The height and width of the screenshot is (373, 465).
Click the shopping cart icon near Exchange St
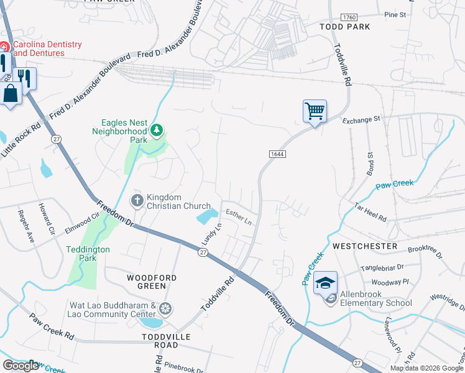[315, 112]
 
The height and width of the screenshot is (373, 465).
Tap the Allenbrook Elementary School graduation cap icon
[325, 283]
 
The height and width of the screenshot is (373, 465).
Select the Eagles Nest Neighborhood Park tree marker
[157, 130]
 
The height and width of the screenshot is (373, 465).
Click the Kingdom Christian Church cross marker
[137, 201]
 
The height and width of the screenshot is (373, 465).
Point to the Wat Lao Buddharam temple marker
[165, 308]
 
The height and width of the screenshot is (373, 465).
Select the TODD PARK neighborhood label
[344, 27]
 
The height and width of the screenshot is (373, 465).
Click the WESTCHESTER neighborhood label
[364, 246]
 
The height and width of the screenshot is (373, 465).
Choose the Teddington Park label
[88, 253]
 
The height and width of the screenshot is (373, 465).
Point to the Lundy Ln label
[211, 234]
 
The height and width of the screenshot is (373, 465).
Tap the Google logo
[21, 366]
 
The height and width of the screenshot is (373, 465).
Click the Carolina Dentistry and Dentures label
[47, 48]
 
